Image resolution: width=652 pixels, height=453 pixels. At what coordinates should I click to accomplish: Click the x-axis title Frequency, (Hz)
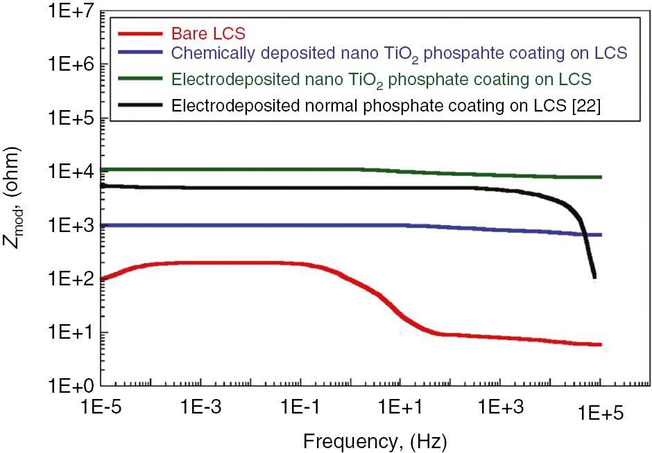[374, 440]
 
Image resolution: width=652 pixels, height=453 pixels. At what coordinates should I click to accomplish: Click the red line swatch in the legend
[143, 33]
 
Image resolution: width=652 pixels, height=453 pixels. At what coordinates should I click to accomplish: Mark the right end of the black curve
[594, 277]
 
